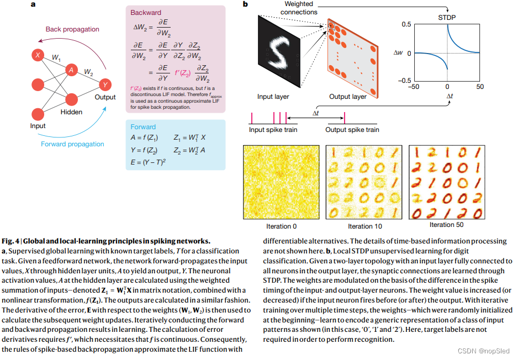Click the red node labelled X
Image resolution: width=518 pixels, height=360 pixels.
point(38,55)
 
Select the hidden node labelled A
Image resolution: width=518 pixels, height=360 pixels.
point(71,70)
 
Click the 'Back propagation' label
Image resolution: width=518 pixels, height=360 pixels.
point(72,29)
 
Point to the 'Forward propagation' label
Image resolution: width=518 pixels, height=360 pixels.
point(72,144)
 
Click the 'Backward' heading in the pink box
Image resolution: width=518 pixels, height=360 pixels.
point(146,12)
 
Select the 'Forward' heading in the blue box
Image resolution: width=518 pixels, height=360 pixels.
point(144,127)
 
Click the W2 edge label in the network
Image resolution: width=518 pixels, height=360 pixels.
point(88,72)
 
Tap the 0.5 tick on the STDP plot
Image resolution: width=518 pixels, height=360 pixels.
point(405,24)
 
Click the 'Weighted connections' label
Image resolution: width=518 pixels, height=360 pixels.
point(299,8)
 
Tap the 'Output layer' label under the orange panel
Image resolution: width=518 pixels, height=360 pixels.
point(348,97)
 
